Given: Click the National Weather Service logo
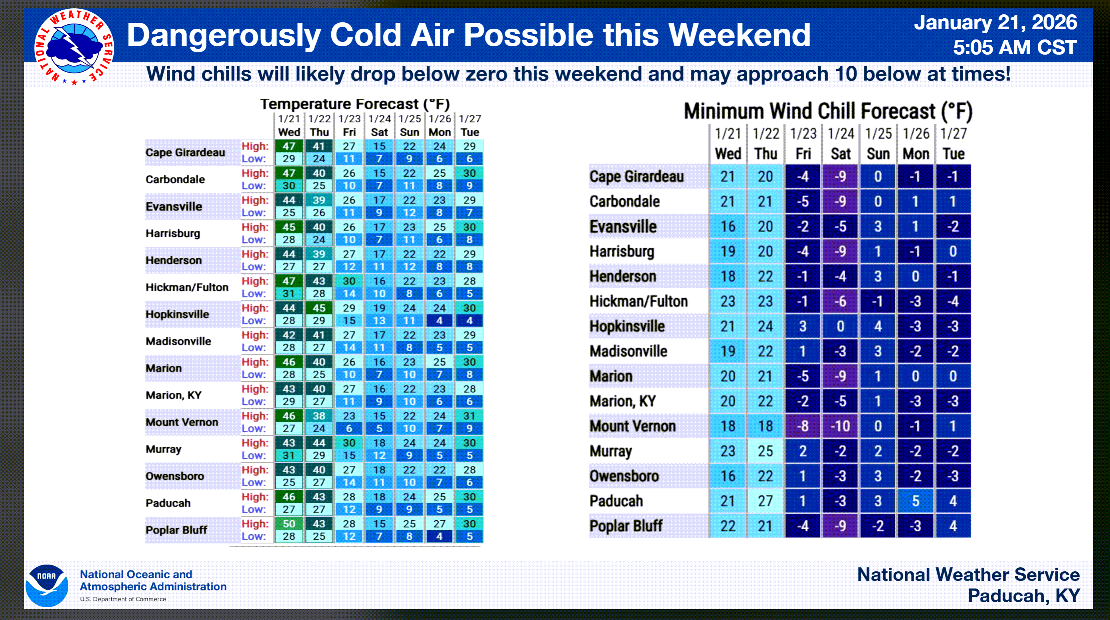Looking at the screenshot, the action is pyautogui.click(x=74, y=47).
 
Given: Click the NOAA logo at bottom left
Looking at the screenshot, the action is pyautogui.click(x=47, y=586).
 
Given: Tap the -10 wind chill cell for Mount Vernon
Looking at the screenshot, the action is pyautogui.click(x=840, y=426).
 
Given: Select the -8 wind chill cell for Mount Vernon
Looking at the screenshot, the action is pyautogui.click(x=802, y=426).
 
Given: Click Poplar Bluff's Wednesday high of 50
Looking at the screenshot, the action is pyautogui.click(x=289, y=524).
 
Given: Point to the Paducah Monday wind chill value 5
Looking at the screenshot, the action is pyautogui.click(x=915, y=501).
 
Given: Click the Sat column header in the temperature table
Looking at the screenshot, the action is pyautogui.click(x=379, y=132).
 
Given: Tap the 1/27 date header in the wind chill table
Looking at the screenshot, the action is pyautogui.click(x=953, y=134).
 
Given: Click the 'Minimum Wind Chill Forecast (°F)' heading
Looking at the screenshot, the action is pyautogui.click(x=828, y=111).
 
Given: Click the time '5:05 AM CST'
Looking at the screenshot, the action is pyautogui.click(x=1014, y=47).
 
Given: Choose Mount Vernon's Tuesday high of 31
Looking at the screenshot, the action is pyautogui.click(x=469, y=416).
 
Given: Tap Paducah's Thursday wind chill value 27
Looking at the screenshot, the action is pyautogui.click(x=765, y=501).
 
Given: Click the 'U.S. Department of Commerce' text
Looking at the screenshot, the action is pyautogui.click(x=123, y=599).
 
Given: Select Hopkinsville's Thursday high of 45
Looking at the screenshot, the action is pyautogui.click(x=319, y=308).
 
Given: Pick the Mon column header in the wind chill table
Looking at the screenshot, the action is pyautogui.click(x=916, y=154).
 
